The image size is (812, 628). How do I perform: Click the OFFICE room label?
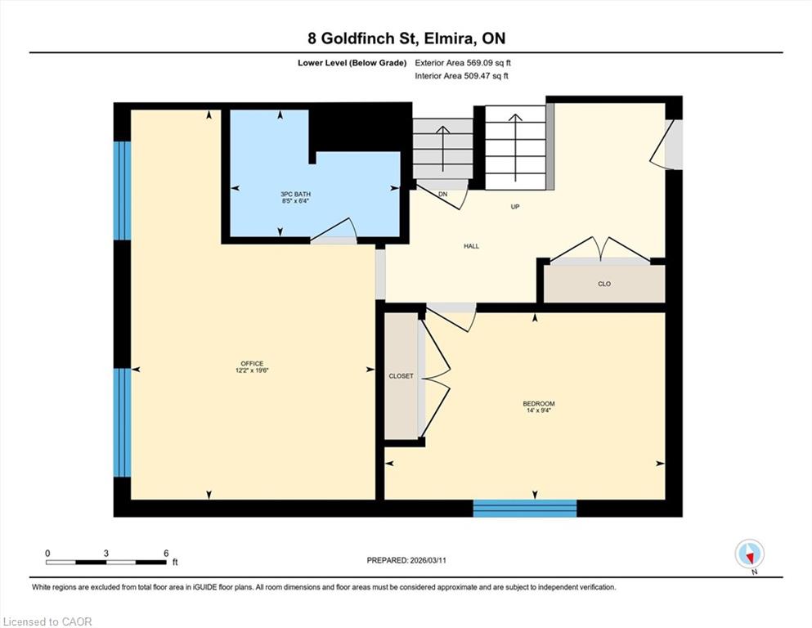[252, 363]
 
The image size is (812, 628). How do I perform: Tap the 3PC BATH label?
[296, 194]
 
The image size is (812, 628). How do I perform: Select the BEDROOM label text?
[539, 404]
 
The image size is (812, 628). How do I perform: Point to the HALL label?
[471, 246]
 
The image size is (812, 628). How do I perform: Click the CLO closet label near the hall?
[604, 284]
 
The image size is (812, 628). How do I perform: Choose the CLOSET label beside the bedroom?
[402, 376]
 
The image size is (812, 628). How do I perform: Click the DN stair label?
[442, 195]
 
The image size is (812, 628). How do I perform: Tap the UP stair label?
[514, 207]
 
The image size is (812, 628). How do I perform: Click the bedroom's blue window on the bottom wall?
[525, 508]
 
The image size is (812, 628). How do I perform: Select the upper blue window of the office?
[122, 191]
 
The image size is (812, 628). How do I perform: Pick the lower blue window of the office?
[122, 423]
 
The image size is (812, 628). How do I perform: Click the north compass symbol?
[749, 554]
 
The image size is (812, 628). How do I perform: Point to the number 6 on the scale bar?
[166, 553]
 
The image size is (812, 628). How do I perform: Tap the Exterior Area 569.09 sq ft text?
[463, 63]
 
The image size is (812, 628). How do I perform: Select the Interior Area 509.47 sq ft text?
[461, 76]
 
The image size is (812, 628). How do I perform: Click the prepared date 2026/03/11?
[428, 560]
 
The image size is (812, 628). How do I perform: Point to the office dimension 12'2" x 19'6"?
[252, 370]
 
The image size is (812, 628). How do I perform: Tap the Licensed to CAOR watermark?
[47, 621]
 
